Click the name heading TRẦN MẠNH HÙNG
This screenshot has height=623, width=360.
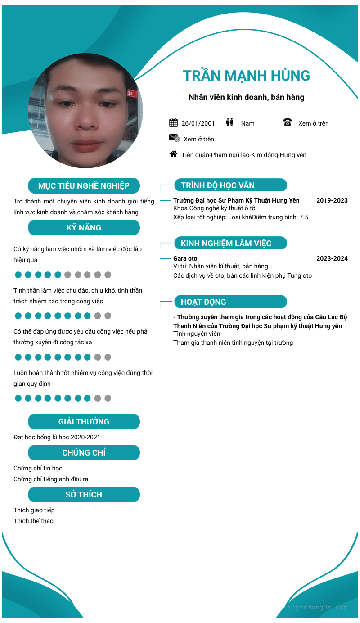click(x=247, y=76)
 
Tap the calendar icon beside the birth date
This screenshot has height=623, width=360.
click(x=173, y=122)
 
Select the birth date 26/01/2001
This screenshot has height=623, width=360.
click(x=198, y=123)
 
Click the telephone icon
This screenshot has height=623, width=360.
click(x=288, y=122)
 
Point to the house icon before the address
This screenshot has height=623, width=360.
click(x=173, y=154)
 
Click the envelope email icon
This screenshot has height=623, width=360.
click(x=174, y=138)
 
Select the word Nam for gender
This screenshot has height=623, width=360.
click(x=247, y=123)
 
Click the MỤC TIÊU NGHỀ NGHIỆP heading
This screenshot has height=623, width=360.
click(x=84, y=186)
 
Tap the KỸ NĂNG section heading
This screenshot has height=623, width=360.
click(x=84, y=228)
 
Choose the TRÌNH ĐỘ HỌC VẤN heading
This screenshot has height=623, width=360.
click(x=218, y=185)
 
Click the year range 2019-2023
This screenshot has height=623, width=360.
click(x=332, y=200)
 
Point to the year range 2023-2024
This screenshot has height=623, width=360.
click(x=332, y=258)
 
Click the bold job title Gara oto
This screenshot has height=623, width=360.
click(x=185, y=258)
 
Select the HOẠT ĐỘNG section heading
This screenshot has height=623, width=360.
click(x=203, y=302)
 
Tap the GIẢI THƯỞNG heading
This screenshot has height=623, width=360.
click(x=84, y=422)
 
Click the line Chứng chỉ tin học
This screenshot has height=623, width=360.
click(x=38, y=468)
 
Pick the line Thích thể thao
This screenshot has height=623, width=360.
click(x=33, y=521)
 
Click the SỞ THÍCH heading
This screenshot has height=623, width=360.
click(x=84, y=495)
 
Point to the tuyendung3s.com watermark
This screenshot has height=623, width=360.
click(x=317, y=607)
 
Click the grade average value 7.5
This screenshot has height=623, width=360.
click(x=304, y=217)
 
